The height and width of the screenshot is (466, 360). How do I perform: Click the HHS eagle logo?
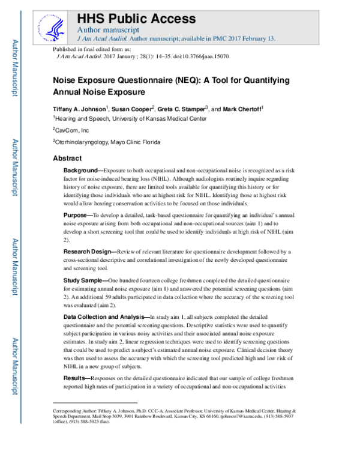[55, 25]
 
